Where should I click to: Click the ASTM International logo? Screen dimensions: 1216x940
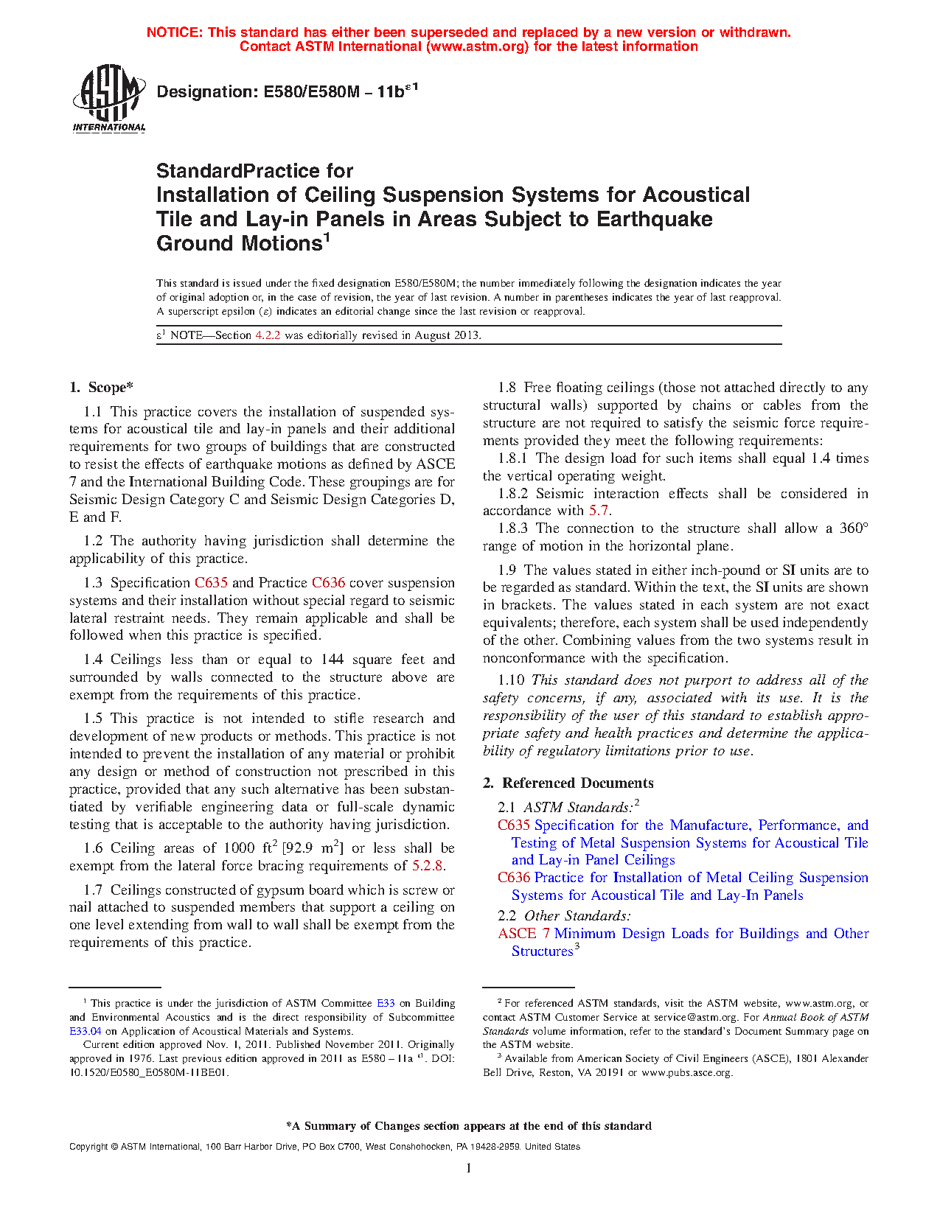(x=109, y=98)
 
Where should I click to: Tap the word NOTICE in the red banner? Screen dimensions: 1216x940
(x=174, y=32)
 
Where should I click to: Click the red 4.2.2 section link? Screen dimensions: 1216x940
(x=268, y=335)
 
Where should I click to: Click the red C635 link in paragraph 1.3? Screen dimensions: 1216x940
(x=211, y=583)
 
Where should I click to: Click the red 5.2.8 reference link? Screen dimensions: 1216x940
(x=428, y=866)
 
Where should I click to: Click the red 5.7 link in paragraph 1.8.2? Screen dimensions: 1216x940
(x=599, y=511)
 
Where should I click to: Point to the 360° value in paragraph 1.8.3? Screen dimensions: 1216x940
(x=854, y=528)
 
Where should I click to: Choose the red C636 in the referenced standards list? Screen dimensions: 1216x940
(x=514, y=878)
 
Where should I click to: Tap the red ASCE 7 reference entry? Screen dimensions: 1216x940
(x=523, y=934)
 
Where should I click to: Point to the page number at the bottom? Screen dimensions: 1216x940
(x=469, y=1168)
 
